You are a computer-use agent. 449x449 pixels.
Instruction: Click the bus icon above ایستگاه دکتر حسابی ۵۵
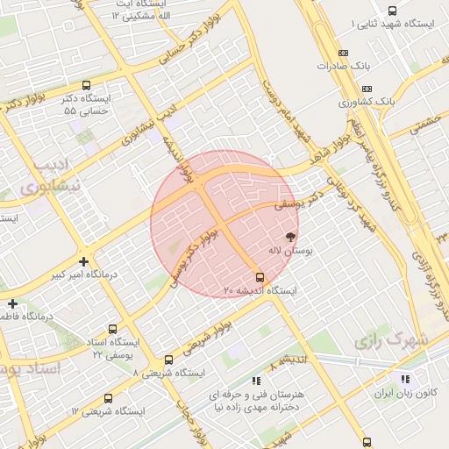(x=85, y=86)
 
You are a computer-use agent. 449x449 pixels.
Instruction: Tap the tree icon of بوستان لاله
(x=290, y=236)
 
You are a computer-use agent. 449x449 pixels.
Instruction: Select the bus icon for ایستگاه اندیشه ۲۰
(x=259, y=276)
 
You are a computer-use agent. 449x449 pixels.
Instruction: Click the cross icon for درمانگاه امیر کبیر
(x=83, y=260)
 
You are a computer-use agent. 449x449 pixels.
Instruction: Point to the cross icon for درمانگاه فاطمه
(x=12, y=303)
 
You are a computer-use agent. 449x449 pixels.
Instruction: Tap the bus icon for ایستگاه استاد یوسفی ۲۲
(x=108, y=325)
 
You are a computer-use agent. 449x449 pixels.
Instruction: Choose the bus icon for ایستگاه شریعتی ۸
(x=168, y=360)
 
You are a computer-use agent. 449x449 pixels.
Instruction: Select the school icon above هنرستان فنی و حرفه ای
(x=255, y=381)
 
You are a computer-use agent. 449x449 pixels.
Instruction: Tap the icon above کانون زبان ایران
(x=404, y=379)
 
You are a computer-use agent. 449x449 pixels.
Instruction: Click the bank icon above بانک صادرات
(x=342, y=53)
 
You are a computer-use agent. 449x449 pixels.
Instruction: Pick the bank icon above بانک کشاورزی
(x=366, y=89)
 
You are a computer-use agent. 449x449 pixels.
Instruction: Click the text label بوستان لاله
(x=289, y=251)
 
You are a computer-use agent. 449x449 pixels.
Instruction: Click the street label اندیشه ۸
(x=289, y=360)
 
